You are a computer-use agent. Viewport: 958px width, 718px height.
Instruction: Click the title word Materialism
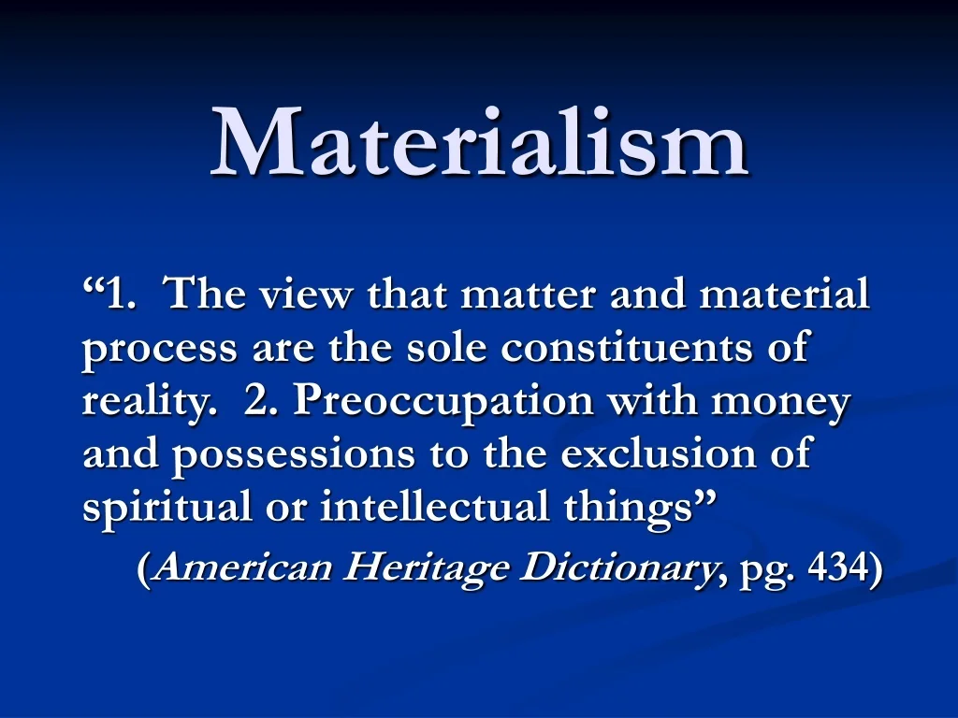point(479,142)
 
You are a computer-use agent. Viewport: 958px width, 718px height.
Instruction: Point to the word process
point(160,351)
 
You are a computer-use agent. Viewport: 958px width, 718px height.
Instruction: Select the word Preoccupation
point(444,403)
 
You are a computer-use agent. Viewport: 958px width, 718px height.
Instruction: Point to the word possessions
point(296,456)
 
